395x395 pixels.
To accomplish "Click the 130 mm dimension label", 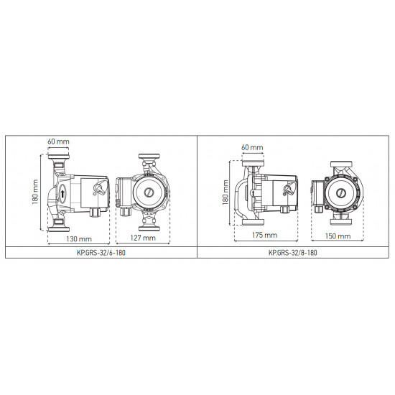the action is (x=79, y=239).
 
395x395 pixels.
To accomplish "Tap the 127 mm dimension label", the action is (x=143, y=238).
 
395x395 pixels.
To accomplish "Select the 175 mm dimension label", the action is (x=264, y=235).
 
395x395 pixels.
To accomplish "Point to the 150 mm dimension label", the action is (x=338, y=236).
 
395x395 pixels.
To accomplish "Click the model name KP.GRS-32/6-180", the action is (x=101, y=253).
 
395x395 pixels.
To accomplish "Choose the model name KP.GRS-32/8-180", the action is (x=293, y=253).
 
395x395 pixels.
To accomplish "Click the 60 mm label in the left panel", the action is (x=58, y=141).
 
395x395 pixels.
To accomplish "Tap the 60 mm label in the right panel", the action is (x=252, y=147).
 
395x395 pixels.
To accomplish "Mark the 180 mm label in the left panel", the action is (x=35, y=192).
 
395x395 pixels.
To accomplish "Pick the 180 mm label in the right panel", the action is (x=226, y=192).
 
